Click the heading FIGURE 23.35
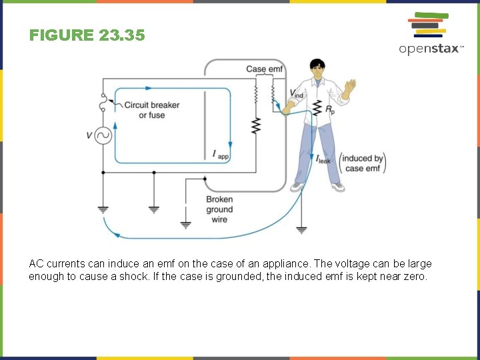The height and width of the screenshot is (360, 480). coord(87,35)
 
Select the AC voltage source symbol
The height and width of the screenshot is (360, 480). coord(103,136)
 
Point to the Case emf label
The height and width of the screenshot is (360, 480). coord(265,69)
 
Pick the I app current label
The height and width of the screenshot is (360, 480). coord(221,155)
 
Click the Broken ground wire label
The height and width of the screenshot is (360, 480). coord(219,209)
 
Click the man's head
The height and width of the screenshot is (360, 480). coord(317,68)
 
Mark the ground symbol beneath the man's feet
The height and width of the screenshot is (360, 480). coord(301,230)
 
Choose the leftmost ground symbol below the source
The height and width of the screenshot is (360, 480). coord(103,209)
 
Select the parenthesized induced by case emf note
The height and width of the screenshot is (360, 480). coord(363,163)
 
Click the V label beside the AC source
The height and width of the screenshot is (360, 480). coord(89,136)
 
